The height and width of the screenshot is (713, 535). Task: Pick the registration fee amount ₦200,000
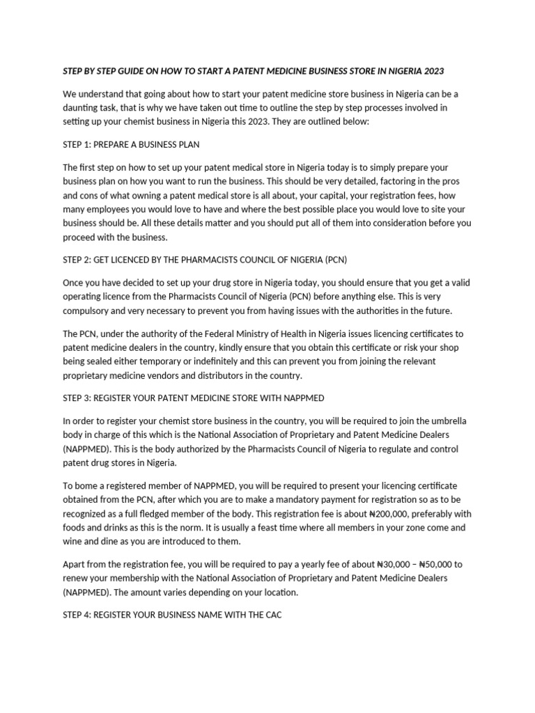[x=393, y=514]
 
